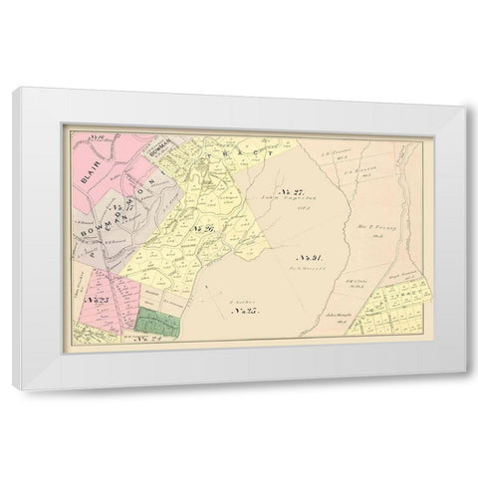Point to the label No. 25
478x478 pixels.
click(244, 313)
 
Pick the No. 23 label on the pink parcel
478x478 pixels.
click(96, 300)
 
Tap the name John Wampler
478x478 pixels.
click(338, 316)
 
